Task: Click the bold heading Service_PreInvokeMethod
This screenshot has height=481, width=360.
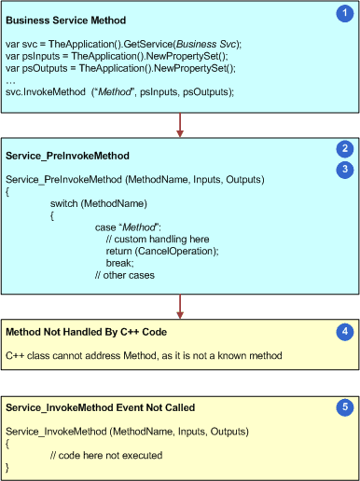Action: (x=68, y=154)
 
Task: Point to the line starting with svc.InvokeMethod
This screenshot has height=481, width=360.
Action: (x=119, y=92)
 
